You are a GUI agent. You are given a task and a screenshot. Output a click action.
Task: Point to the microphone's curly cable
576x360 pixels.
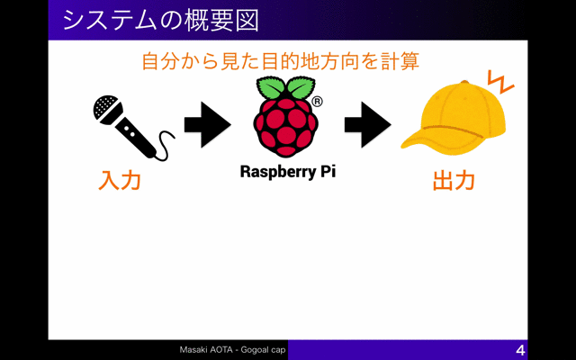[x=164, y=146]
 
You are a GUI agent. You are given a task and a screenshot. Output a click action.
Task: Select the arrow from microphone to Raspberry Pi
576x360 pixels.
[x=208, y=125]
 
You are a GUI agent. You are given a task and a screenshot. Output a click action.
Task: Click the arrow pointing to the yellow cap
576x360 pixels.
[x=368, y=125]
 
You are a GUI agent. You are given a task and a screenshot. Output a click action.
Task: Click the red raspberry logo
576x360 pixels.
[x=285, y=127]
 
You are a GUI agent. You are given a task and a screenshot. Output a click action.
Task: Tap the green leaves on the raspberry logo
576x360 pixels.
[x=285, y=87]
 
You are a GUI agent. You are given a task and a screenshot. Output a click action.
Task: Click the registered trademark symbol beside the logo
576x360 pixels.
[x=317, y=102]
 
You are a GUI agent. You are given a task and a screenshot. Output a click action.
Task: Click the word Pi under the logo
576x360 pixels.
[x=327, y=171]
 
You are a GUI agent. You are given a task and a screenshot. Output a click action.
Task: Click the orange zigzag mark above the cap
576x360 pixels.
[x=500, y=82]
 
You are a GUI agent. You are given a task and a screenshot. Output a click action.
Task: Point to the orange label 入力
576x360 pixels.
[x=120, y=180]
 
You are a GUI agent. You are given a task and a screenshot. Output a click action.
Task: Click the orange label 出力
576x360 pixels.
[x=454, y=180]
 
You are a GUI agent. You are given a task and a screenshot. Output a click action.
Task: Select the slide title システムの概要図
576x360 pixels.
[x=161, y=20]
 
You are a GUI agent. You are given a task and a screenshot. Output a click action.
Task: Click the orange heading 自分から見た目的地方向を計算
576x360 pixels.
[x=280, y=61]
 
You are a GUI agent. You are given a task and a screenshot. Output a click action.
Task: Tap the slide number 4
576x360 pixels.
[x=520, y=350]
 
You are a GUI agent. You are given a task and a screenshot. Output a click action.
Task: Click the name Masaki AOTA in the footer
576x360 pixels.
[x=206, y=350]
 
